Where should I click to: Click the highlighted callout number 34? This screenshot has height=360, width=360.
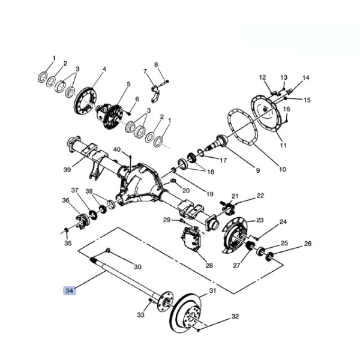point(69,290)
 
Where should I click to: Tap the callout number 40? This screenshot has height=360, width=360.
point(117,149)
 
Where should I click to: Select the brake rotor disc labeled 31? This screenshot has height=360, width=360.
point(186,313)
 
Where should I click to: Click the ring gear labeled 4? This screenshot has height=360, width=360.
point(86,101)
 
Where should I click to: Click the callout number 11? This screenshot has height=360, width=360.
point(283,145)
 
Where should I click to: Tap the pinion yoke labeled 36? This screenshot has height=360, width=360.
point(83,221)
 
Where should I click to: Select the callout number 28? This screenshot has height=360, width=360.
point(209,266)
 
